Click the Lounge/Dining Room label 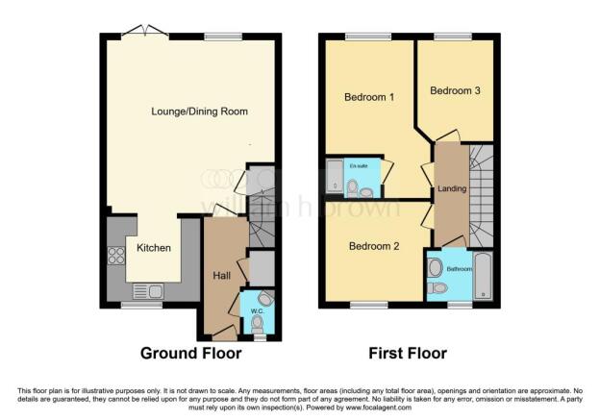click(199, 111)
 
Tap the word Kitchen click(153, 248)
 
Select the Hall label click(221, 276)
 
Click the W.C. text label click(257, 310)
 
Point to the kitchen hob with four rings click(116, 256)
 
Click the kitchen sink click(149, 291)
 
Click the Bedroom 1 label click(369, 97)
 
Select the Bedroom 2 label click(373, 245)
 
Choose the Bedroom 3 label click(453, 91)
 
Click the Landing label click(451, 188)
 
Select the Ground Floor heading click(191, 353)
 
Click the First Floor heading click(408, 353)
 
